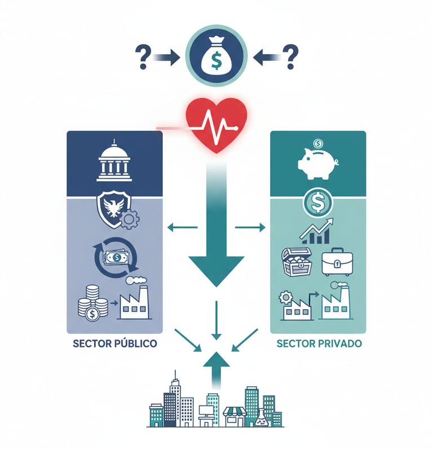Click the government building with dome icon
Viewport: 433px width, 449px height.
point(114,162)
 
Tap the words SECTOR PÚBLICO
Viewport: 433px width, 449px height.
point(114,343)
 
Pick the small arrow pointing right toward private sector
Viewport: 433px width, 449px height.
point(250,227)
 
